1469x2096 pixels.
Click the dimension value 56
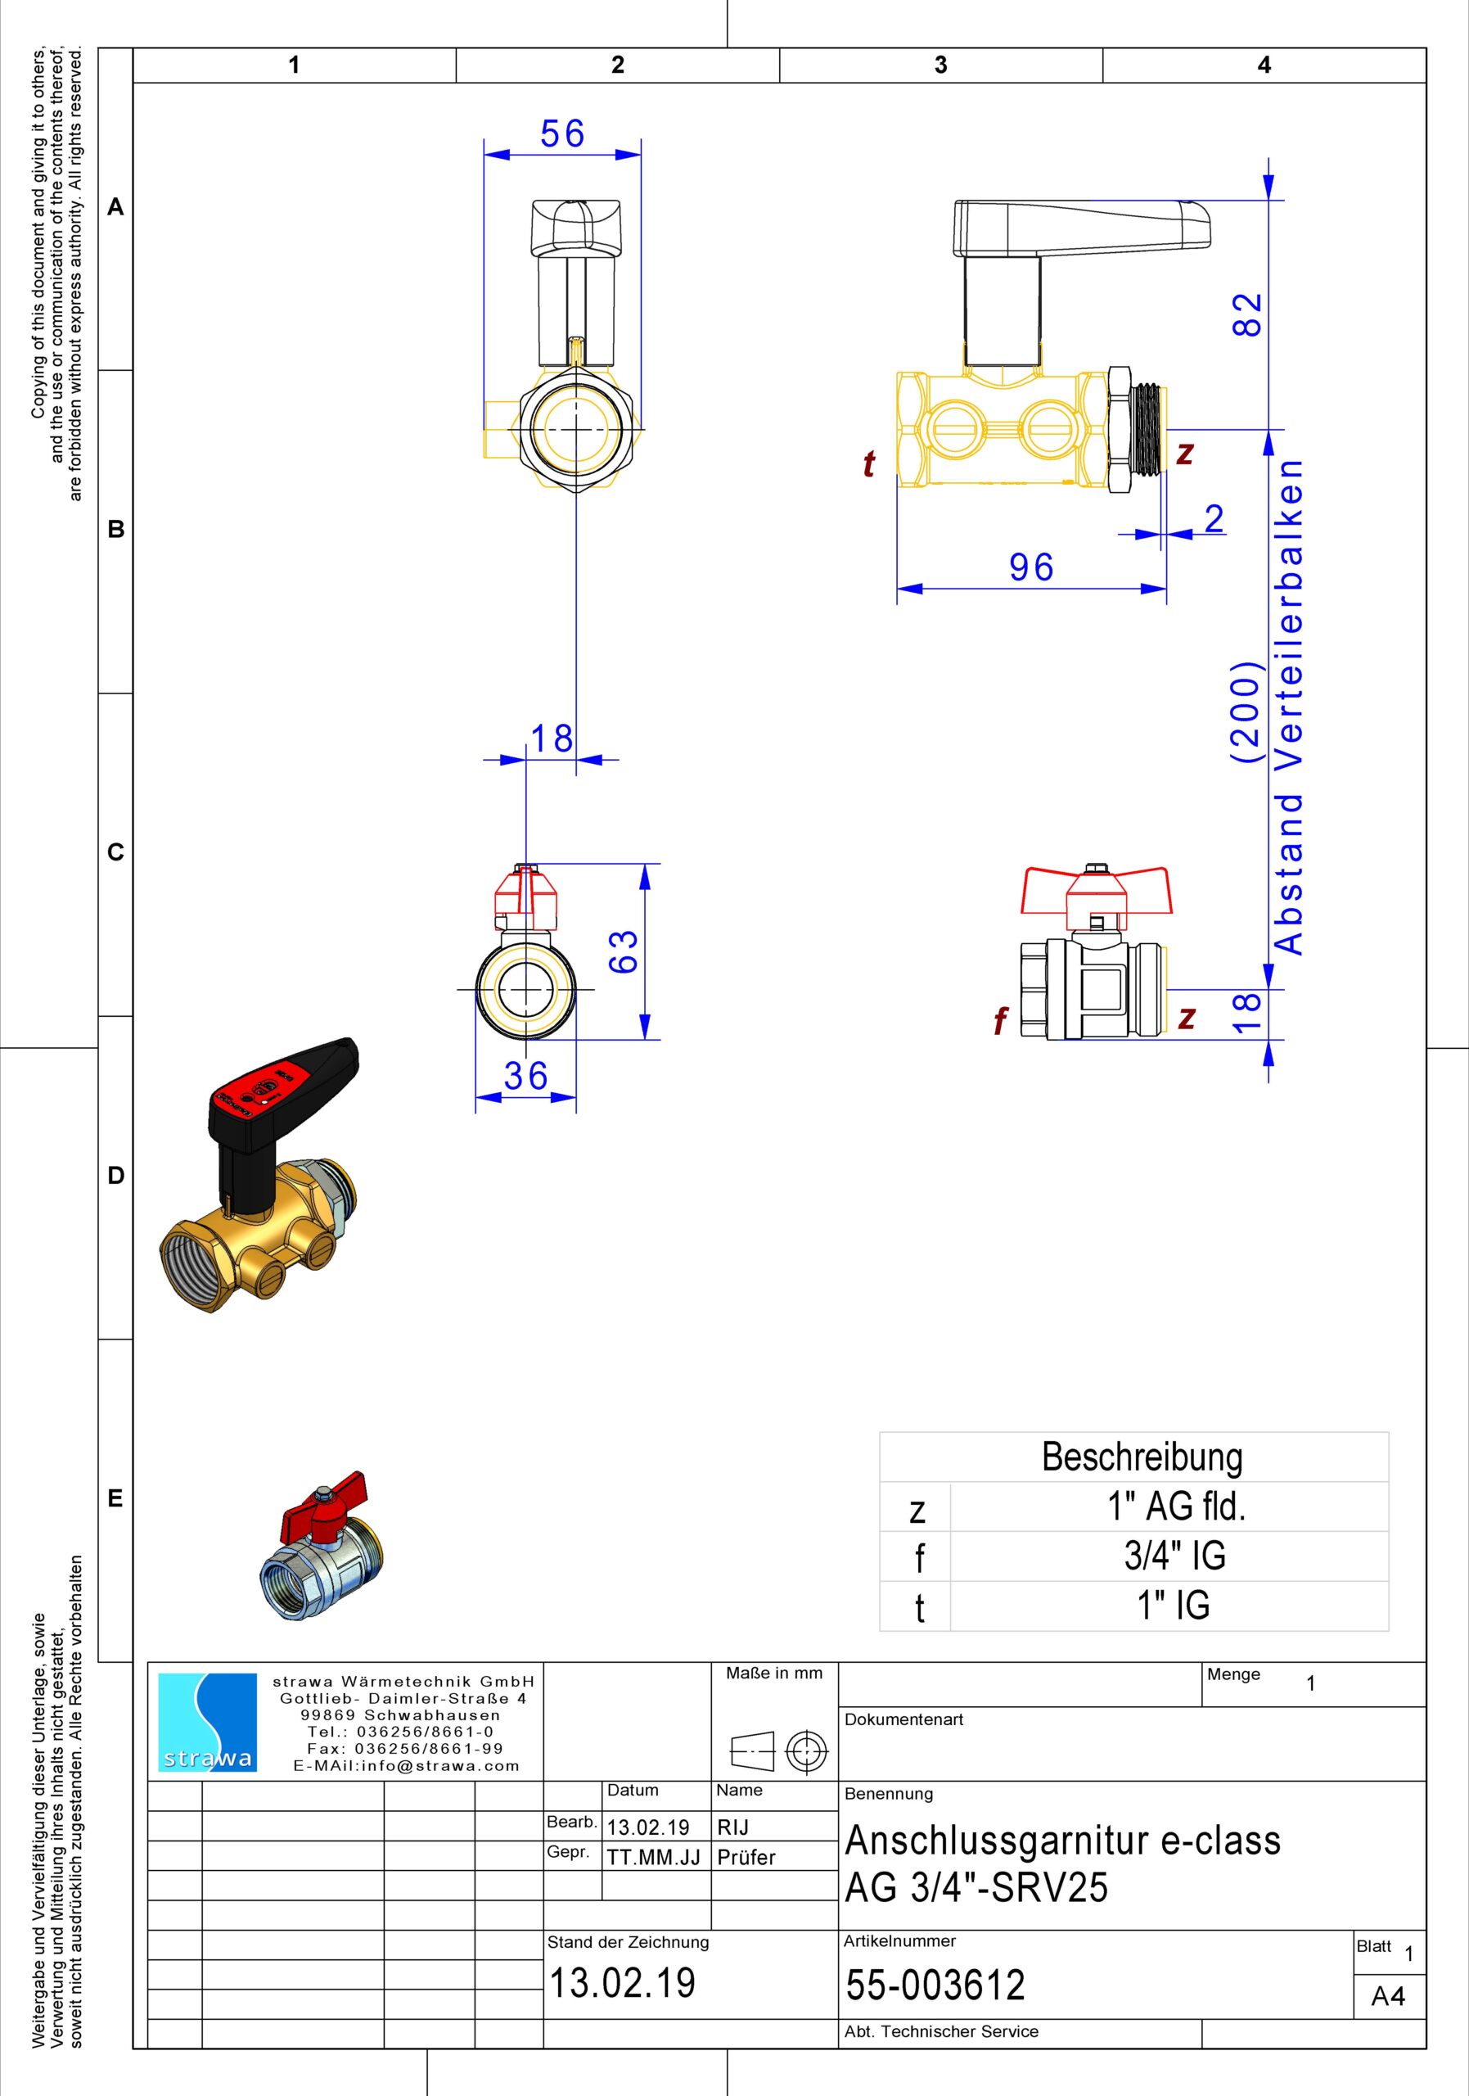(562, 134)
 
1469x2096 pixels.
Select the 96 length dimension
(1032, 568)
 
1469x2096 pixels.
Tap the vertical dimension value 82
(1247, 314)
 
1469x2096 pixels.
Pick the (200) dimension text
(1246, 712)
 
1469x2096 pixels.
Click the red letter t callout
(868, 465)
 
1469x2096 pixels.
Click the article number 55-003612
(935, 1985)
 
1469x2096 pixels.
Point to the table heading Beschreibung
(1142, 1457)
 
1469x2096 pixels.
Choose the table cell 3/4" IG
(1174, 1556)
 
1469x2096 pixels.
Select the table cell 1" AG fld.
(1177, 1506)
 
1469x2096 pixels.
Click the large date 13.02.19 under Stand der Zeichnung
(621, 1983)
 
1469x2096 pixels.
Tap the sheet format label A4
(1388, 1999)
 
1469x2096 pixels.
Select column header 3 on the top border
(940, 65)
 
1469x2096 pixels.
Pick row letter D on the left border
(115, 1175)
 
